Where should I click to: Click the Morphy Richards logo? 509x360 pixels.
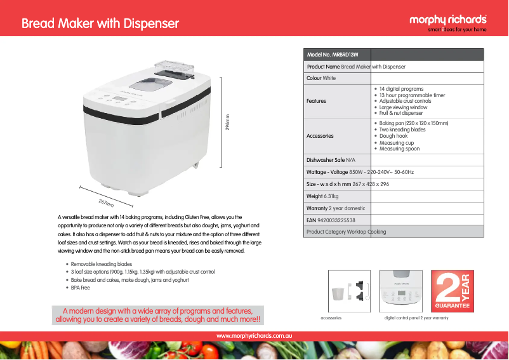448,23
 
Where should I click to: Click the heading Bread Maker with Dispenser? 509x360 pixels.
100,23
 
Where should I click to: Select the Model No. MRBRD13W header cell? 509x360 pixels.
333,55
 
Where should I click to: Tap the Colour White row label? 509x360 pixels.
321,78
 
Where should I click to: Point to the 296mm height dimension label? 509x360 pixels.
228,122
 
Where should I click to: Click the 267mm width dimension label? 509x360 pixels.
106,203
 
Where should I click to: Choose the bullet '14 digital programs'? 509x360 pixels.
401,89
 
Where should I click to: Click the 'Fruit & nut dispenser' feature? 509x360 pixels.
401,113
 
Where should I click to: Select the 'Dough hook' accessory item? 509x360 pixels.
393,136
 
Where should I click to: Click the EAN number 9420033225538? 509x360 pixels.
336,220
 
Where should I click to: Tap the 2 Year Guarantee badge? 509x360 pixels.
453,291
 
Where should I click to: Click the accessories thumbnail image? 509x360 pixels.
349,291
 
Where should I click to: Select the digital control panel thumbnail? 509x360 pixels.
401,291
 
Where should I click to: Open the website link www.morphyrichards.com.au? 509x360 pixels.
254,336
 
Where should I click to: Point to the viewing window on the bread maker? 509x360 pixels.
150,84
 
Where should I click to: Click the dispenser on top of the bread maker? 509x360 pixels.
175,69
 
